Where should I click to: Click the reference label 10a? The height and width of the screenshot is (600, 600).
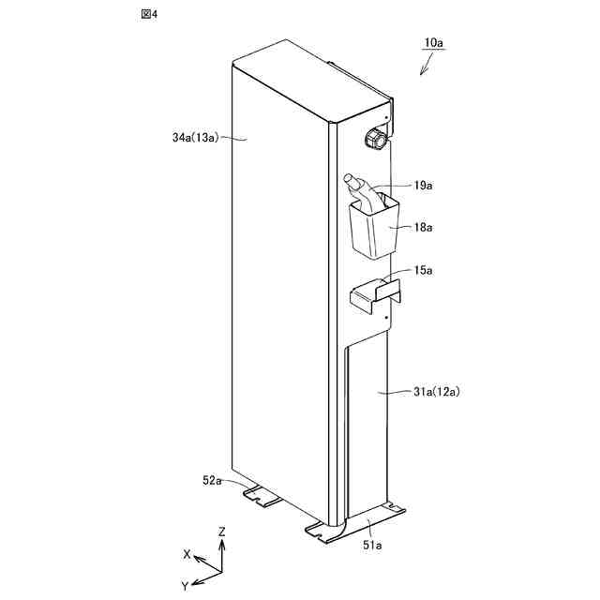[433, 43]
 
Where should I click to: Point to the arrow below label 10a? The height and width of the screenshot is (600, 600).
[427, 64]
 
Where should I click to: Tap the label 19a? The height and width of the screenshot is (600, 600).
[423, 187]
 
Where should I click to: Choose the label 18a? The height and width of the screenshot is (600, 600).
[422, 227]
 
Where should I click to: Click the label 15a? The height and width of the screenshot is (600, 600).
[423, 270]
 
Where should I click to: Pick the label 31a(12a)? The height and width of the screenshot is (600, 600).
[435, 391]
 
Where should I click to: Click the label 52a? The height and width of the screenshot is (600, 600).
[213, 480]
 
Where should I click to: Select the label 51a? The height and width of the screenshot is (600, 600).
[372, 545]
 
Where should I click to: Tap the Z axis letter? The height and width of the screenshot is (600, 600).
[222, 532]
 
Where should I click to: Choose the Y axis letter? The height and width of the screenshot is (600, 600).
[185, 585]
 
